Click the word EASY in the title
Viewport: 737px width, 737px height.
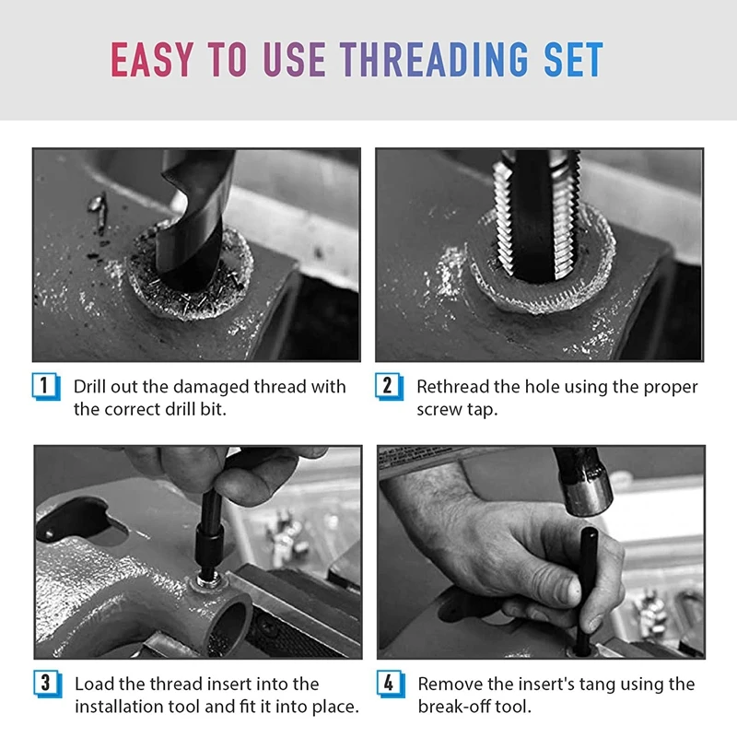click(152, 59)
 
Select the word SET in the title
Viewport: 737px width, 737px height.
click(573, 59)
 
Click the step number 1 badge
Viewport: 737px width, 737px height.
click(45, 386)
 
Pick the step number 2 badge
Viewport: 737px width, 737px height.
click(389, 386)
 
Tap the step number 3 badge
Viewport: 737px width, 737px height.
click(47, 684)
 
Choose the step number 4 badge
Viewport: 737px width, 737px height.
click(390, 684)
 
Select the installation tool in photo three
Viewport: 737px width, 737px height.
click(210, 536)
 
